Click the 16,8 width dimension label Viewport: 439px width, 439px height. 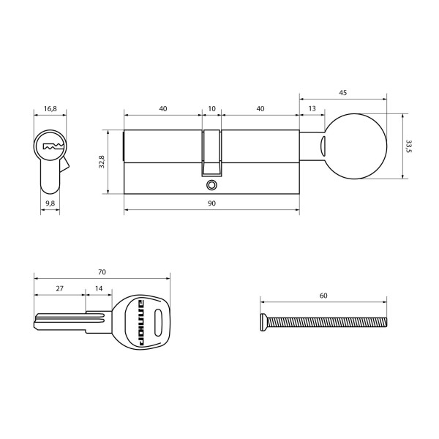(x=50, y=108)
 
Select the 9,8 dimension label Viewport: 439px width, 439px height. (x=50, y=203)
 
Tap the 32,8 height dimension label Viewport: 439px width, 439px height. (x=102, y=162)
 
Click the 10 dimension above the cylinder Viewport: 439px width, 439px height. (x=211, y=108)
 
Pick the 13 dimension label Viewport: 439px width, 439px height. (x=312, y=108)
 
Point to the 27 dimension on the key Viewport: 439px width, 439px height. (x=59, y=289)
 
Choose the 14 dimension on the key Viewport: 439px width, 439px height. (x=99, y=289)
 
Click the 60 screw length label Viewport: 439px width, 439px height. (x=323, y=296)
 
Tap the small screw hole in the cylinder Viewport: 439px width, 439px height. (x=212, y=185)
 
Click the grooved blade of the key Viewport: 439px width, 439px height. (x=62, y=320)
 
